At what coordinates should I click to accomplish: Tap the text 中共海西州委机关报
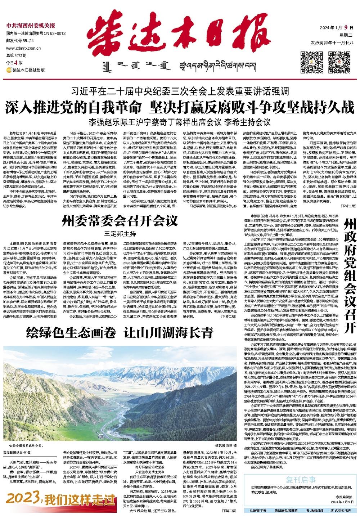point(31,26)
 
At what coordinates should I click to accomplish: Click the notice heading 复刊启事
point(301,479)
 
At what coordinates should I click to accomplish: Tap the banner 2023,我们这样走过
point(59,500)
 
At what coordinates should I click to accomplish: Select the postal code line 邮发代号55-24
point(20,41)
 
